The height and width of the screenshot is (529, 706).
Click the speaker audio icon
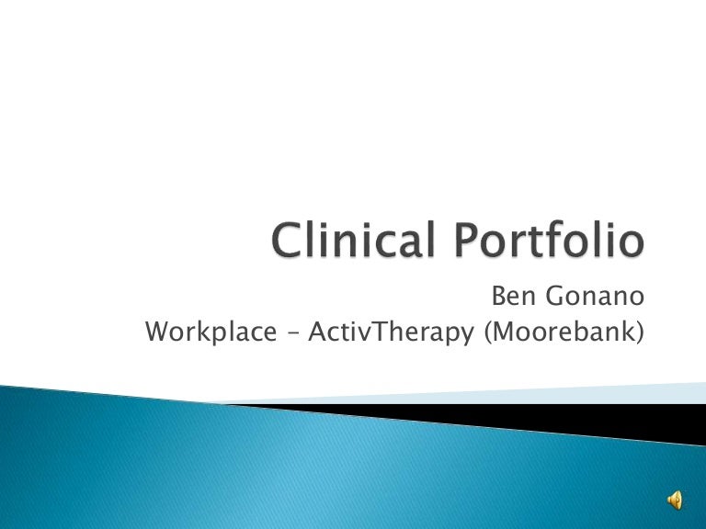(x=675, y=500)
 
